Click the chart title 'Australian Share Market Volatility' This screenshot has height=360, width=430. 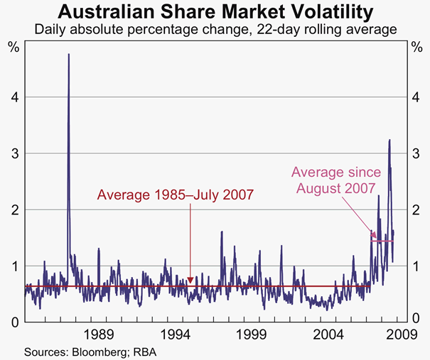click(x=215, y=12)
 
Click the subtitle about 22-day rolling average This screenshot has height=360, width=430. click(x=215, y=30)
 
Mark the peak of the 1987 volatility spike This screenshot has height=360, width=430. click(x=68, y=55)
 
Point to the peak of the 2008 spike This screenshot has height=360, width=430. click(x=389, y=140)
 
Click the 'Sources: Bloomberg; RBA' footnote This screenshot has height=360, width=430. click(x=90, y=351)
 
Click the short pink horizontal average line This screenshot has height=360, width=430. click(x=382, y=241)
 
